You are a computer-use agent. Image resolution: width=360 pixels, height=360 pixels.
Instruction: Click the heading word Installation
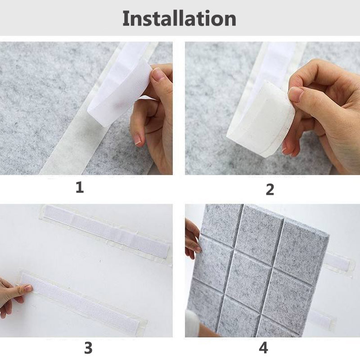pos(179,18)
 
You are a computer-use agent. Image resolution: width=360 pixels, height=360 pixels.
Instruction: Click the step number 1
pos(80,187)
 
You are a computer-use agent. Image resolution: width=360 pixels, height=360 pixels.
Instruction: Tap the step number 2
pos(270,189)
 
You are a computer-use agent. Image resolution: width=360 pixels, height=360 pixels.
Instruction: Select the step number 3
pos(88,348)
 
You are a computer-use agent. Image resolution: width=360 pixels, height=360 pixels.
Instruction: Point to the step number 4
pos(263,348)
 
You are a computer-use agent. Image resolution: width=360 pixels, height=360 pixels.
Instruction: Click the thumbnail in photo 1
pos(158,74)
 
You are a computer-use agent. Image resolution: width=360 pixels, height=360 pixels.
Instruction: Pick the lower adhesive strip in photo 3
pos(81,301)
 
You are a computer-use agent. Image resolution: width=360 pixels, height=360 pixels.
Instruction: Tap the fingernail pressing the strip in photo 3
pos(28,288)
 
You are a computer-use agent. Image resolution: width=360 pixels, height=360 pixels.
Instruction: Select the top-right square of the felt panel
pos(303,241)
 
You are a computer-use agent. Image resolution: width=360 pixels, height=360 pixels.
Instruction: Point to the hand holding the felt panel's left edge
pos(193,239)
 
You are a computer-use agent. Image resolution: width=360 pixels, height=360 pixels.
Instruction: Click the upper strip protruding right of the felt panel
pos(337,262)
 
